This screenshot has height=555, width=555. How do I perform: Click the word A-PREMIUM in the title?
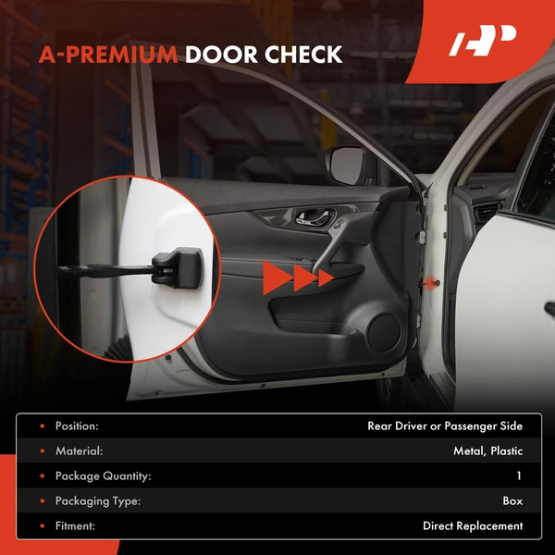(108, 55)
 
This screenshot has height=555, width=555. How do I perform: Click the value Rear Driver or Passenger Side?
(445, 426)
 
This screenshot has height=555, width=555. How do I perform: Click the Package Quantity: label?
(103, 476)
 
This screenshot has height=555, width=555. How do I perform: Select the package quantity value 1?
(519, 476)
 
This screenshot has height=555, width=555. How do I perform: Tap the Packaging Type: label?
(98, 501)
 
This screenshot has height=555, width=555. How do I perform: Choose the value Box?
(512, 501)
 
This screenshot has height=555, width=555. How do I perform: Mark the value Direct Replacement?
(473, 526)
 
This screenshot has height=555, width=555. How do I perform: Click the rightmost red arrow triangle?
(325, 277)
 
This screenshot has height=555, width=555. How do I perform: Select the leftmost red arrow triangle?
(276, 277)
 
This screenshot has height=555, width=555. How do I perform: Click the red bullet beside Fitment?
(42, 526)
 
